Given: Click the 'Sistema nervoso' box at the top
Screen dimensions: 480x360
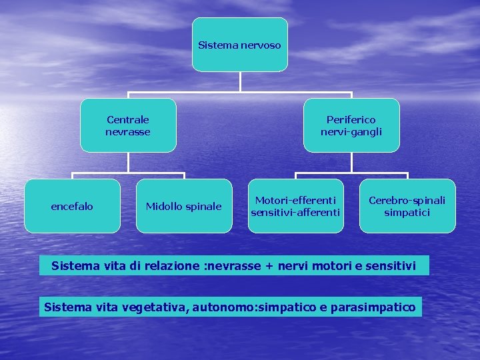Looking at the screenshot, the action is tap(240, 45).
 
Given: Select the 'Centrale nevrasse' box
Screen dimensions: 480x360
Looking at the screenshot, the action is tap(128, 125).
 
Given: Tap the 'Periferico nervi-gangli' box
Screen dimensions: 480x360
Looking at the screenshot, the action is tap(351, 125).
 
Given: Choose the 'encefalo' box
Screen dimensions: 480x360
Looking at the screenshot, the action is tap(72, 206).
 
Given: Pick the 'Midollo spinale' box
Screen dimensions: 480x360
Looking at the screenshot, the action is tap(184, 206).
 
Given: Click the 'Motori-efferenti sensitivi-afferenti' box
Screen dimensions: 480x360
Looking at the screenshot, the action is tap(295, 206).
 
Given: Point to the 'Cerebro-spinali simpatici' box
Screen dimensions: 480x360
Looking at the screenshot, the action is tap(407, 206).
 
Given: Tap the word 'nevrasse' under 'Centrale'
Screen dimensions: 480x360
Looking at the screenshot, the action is tap(128, 132).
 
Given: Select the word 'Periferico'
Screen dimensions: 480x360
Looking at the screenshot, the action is tap(351, 119).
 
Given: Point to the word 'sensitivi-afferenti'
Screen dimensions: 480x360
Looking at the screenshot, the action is tap(295, 213).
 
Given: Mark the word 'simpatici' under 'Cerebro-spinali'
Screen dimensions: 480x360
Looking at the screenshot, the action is tap(407, 213).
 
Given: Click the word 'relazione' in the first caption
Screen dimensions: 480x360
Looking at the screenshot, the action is tap(171, 266).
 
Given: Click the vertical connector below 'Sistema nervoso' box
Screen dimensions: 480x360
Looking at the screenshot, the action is tap(240, 81).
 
